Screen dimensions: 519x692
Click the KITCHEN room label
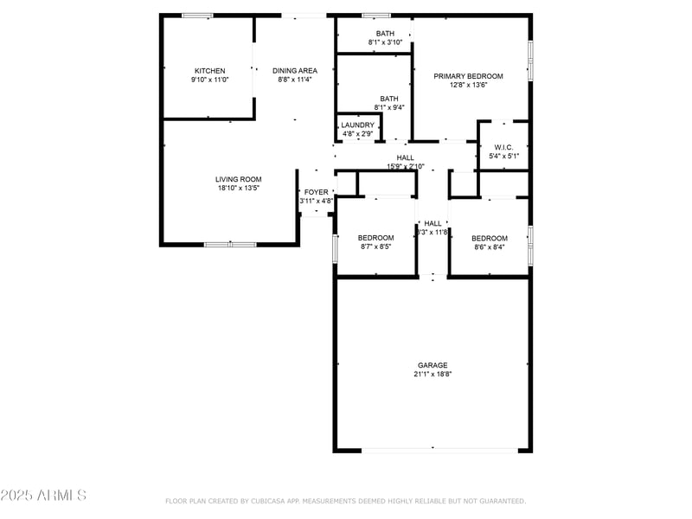point(209,71)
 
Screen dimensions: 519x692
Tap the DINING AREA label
point(295,71)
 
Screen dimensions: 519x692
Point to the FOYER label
point(317,192)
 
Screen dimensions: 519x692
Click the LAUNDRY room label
point(357,125)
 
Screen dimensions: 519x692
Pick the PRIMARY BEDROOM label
point(468,76)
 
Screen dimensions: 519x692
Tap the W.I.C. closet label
point(504,147)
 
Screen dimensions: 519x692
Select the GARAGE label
point(432,365)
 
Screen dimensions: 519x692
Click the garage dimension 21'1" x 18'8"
point(432,375)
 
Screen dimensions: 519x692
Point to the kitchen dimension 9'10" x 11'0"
point(209,80)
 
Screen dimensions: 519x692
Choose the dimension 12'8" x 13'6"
point(468,85)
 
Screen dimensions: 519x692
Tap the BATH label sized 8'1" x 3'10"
point(385,33)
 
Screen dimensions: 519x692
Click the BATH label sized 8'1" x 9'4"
point(389,99)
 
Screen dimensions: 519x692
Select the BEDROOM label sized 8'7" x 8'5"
point(376,238)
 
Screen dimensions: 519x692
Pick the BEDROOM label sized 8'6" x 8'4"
point(489,238)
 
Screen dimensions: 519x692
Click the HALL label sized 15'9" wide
point(405,157)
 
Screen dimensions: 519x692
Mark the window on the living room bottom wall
point(229,245)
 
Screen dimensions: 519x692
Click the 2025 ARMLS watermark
point(43,496)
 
